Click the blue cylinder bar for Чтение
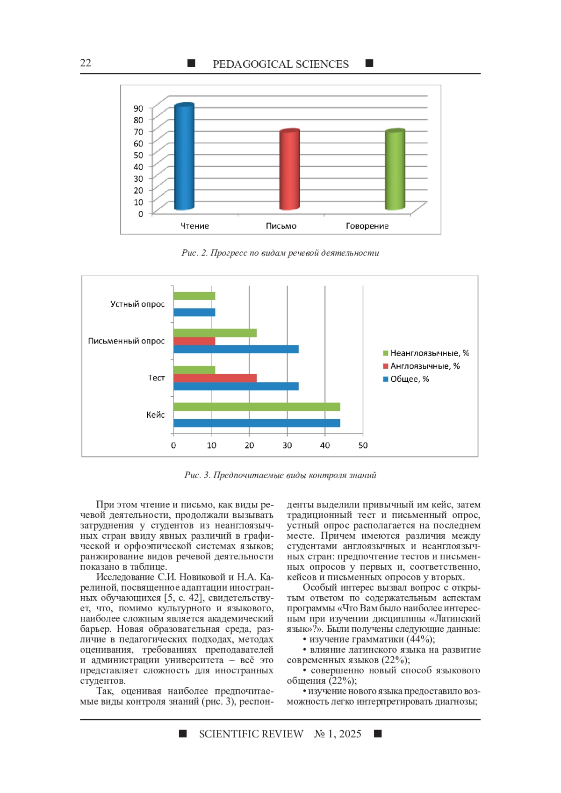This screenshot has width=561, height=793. point(184,157)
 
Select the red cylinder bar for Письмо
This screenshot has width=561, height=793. point(289,170)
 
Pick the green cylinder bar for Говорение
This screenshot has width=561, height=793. point(395,170)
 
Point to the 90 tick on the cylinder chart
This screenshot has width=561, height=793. point(138,108)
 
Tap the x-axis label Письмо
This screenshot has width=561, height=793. point(281,226)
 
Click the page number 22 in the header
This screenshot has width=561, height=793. point(86,63)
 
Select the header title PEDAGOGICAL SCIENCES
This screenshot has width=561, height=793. point(280,64)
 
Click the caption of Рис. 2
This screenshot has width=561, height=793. point(280,253)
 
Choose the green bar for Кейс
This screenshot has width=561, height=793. point(256,407)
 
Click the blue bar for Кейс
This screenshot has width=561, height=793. point(256,423)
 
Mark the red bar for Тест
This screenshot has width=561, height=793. point(215,378)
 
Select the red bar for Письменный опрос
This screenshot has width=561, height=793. point(194,341)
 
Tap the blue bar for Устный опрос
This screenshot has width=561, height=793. point(194,313)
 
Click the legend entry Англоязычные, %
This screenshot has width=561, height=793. point(425,366)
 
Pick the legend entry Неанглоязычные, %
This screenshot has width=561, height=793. point(429,353)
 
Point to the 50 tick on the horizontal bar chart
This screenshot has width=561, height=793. point(363,445)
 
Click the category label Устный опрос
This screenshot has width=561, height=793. point(137,304)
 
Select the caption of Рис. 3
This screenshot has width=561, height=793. point(280,475)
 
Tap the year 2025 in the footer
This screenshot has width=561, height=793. point(350,734)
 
